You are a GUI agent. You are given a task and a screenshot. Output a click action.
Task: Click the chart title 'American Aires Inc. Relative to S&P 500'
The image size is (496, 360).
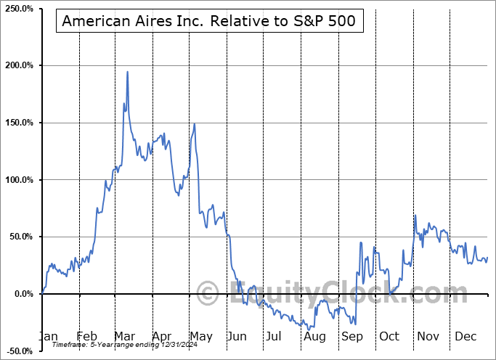[x=209, y=21]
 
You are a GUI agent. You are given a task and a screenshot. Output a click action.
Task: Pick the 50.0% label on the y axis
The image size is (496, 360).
[x=22, y=237]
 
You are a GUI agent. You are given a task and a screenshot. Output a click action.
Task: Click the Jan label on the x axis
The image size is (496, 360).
[x=48, y=336]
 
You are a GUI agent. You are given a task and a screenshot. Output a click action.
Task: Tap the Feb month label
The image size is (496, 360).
[x=87, y=336]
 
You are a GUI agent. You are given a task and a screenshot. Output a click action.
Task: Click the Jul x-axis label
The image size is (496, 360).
[x=274, y=336]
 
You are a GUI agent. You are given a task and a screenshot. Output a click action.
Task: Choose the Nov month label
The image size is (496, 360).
[x=427, y=336]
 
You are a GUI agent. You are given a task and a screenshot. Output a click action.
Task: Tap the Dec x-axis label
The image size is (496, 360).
[x=465, y=336]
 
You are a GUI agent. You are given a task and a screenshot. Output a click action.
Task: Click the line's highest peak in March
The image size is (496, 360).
[x=127, y=72]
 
